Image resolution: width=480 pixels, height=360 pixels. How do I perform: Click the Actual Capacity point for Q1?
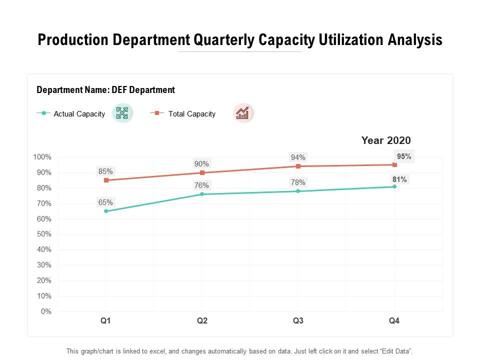106,211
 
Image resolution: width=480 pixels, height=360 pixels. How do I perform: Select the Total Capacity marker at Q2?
202,172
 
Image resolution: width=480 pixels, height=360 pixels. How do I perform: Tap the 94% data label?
298,157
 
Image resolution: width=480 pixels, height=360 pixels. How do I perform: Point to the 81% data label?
399,179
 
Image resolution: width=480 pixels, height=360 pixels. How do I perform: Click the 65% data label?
105,202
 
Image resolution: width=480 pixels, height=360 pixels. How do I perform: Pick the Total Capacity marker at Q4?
394,164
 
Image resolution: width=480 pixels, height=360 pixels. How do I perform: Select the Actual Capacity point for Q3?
298,191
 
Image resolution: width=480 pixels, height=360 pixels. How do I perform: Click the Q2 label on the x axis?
202,321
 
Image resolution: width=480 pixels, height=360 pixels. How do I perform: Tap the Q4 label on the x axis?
394,321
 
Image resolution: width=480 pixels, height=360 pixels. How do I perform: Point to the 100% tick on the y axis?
42,157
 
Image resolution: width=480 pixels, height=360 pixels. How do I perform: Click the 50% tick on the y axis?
44,234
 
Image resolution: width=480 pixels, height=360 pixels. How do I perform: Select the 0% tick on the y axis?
46,311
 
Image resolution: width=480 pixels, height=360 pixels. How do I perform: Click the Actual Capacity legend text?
79,114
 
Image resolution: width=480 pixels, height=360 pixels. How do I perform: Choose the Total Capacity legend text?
192,114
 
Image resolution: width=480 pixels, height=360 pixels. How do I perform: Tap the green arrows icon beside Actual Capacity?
122,113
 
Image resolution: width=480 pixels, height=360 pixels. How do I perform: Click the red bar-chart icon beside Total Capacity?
242,113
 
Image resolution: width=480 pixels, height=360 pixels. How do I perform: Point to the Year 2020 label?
385,140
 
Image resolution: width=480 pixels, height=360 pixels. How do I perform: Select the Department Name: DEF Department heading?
106,90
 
